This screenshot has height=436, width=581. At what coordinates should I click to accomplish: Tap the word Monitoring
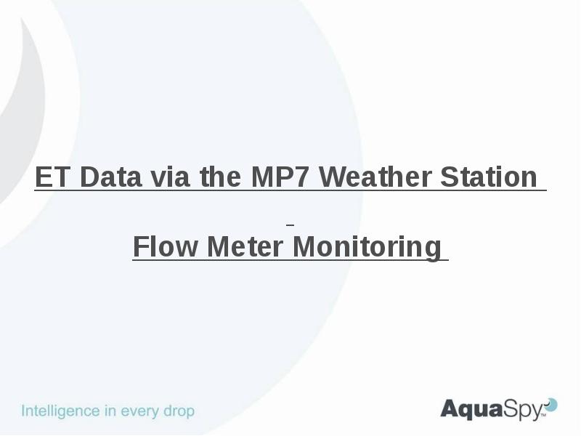tap(367, 248)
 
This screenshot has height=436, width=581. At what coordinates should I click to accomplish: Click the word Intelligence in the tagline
tap(61, 411)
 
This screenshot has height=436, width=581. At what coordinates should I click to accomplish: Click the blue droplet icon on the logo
tap(551, 404)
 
